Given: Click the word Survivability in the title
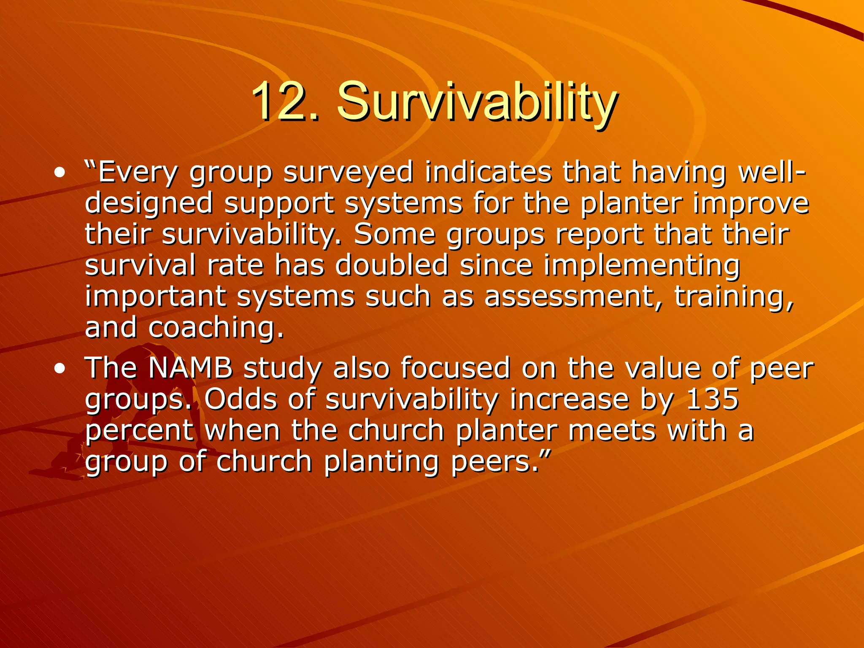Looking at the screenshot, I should coord(477,102).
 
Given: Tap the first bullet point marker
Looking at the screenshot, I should coord(60,173).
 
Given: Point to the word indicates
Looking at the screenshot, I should coord(488,173).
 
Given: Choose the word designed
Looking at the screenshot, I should coord(149,204).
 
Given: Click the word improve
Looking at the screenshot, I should coord(751,204).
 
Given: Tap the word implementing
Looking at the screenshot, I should coord(641,266).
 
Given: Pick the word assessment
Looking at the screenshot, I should coord(574,297).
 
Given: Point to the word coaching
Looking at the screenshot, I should coord(216,328).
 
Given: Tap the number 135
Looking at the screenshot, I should coord(713,399).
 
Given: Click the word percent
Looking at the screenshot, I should coord(139,431).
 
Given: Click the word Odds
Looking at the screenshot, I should coord(240,399).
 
